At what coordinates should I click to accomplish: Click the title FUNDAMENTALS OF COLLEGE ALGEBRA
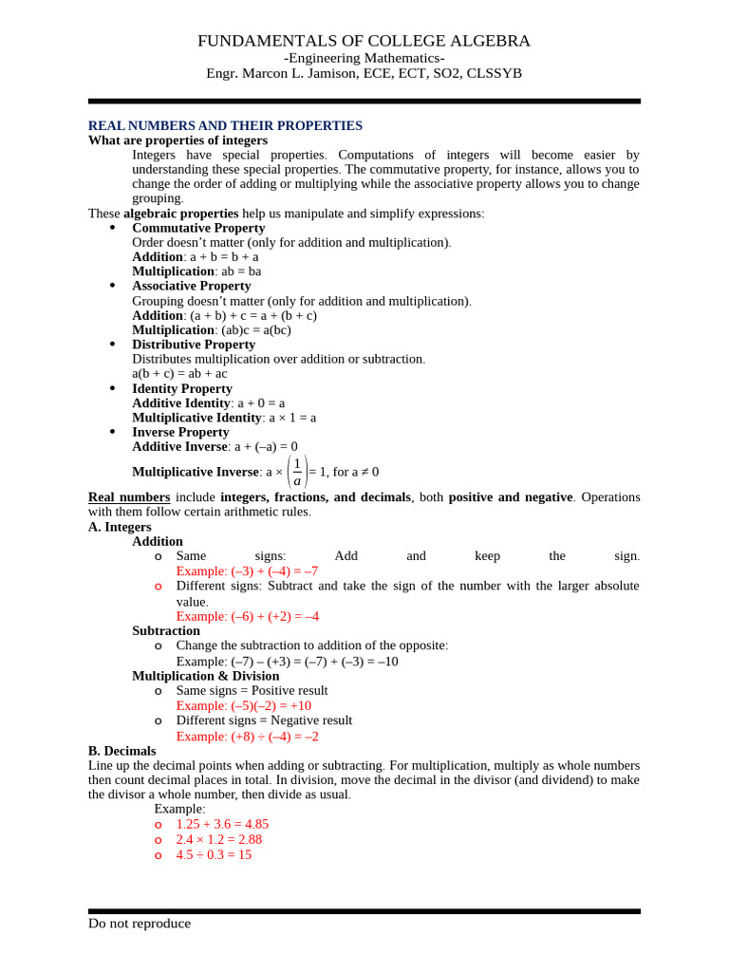click(364, 41)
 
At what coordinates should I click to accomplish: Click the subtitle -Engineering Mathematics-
click(364, 58)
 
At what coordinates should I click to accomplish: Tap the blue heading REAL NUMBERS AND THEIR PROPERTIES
click(225, 125)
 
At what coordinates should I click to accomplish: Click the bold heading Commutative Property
click(198, 228)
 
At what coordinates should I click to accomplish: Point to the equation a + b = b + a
click(224, 256)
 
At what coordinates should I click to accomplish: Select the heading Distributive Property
click(194, 345)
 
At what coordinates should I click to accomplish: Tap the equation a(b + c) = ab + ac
click(179, 373)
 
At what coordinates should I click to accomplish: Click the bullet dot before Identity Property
click(113, 388)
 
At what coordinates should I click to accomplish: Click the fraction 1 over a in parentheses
click(297, 472)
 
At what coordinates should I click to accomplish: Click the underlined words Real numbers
click(129, 497)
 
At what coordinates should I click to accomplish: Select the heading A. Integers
click(120, 527)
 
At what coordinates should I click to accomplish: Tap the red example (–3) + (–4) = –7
click(247, 570)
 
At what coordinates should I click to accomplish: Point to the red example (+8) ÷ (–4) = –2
click(247, 736)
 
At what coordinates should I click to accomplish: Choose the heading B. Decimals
click(121, 751)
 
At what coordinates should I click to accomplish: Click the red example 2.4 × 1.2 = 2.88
click(218, 839)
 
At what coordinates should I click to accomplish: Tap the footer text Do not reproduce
click(140, 924)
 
